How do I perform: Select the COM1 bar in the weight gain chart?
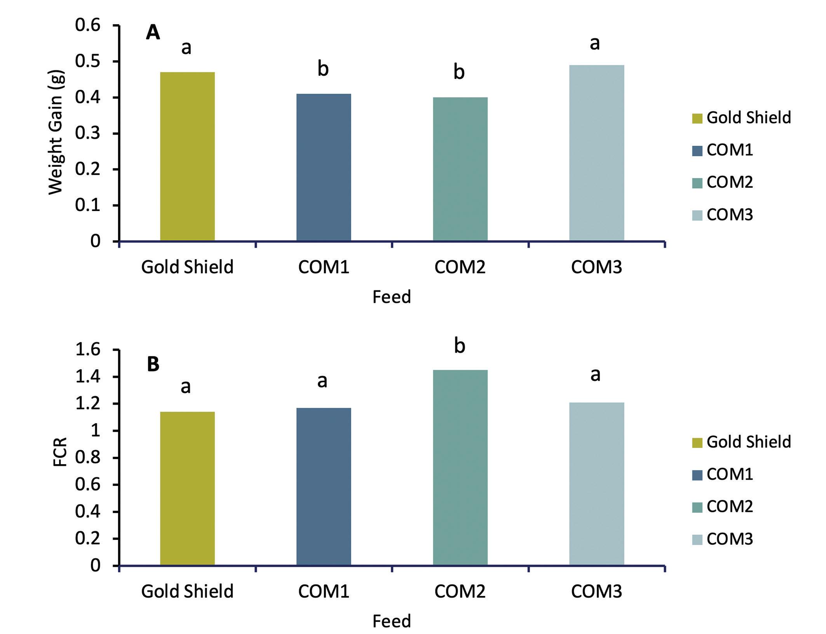(324, 167)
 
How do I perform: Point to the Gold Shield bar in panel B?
(187, 488)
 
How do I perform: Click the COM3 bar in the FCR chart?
(596, 484)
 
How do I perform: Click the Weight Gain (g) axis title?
(56, 132)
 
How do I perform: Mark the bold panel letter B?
(153, 365)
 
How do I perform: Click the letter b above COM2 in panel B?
(460, 346)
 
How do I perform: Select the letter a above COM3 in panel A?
(595, 43)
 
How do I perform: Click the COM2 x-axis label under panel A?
(460, 267)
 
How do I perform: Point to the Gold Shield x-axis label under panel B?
(187, 591)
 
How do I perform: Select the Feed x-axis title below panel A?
(392, 297)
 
